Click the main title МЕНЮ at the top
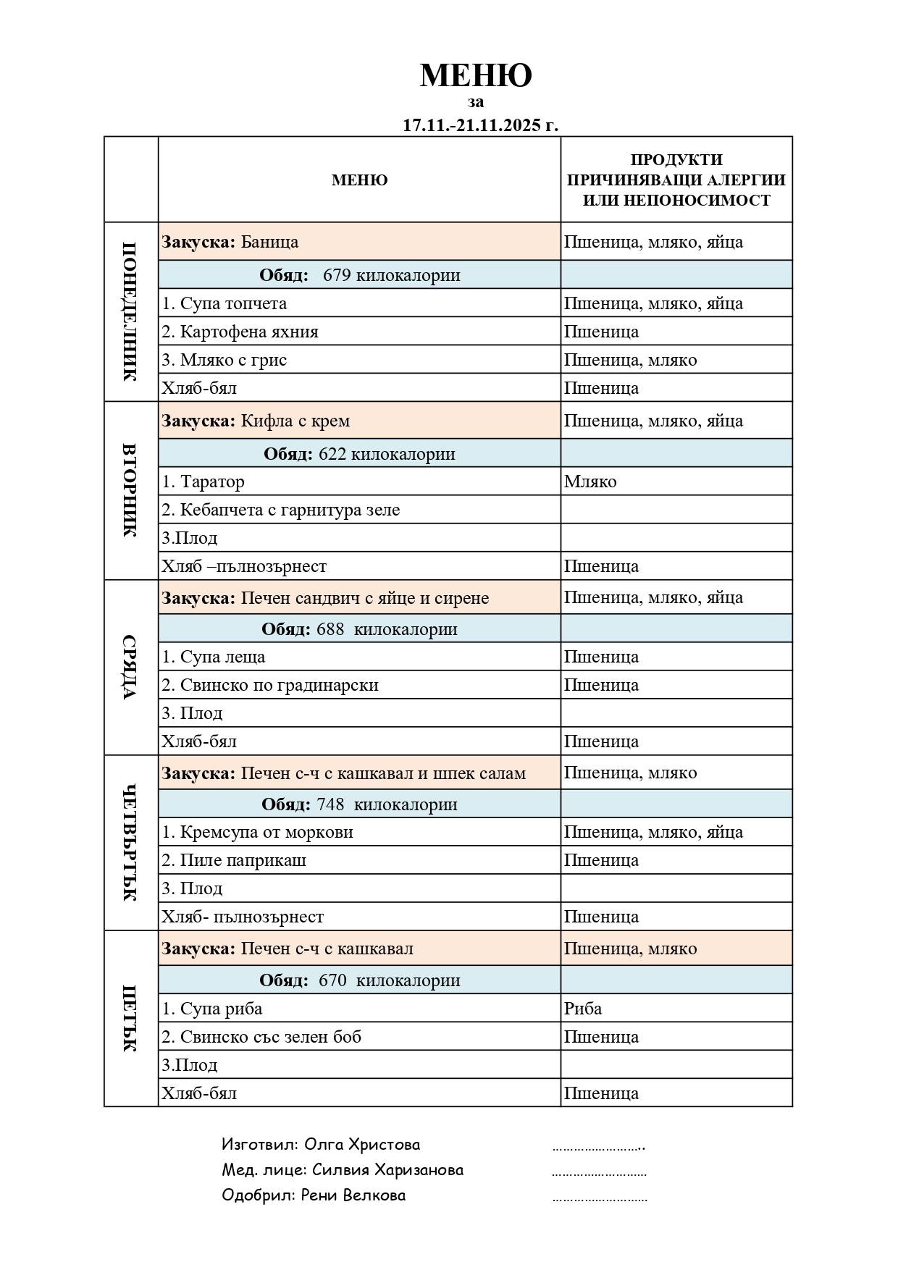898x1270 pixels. click(476, 75)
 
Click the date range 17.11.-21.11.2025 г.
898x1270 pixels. click(481, 125)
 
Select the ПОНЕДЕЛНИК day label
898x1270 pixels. click(130, 311)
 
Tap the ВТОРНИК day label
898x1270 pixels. click(130, 490)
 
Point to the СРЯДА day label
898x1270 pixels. click(130, 667)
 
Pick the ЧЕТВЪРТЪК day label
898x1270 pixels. click(130, 842)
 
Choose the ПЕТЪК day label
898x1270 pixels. click(130, 1018)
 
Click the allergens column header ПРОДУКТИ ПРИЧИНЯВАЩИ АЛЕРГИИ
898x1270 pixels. click(676, 180)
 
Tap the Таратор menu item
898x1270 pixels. click(212, 481)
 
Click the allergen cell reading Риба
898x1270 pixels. click(583, 1009)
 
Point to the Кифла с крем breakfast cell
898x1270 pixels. click(295, 421)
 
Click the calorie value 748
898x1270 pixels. click(330, 804)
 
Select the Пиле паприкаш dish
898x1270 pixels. click(243, 860)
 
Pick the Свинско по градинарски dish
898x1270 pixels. click(279, 685)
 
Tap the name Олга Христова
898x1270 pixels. click(361, 1145)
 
